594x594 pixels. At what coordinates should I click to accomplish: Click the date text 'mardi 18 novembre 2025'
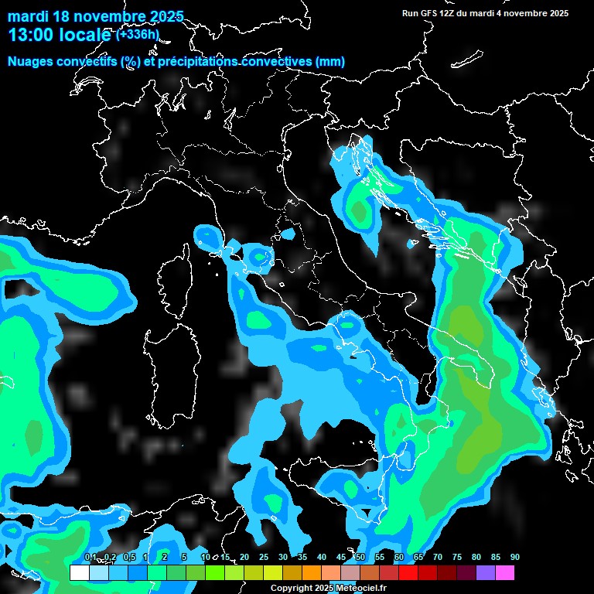[x=95, y=16]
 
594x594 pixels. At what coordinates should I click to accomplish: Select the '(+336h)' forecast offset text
[x=138, y=34]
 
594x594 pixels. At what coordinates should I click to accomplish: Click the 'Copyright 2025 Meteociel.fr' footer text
[x=328, y=588]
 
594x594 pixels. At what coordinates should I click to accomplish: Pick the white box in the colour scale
[x=80, y=573]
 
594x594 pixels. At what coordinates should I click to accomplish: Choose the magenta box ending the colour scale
[x=505, y=573]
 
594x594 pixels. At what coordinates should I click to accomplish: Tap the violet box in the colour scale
[x=486, y=573]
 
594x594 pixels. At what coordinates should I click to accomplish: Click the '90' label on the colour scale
[x=515, y=557]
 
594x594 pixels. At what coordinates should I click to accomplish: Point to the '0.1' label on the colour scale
[x=90, y=557]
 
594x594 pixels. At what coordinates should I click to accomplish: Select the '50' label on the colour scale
[x=360, y=557]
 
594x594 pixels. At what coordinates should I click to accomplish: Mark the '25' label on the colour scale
[x=264, y=557]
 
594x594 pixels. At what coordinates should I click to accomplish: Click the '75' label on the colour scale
[x=457, y=557]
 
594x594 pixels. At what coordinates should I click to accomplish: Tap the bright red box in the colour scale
[x=408, y=573]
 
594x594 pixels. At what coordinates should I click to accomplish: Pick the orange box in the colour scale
[x=312, y=573]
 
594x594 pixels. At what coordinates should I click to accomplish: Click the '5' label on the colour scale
[x=184, y=557]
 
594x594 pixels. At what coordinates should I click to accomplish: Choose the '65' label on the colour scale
[x=418, y=557]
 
